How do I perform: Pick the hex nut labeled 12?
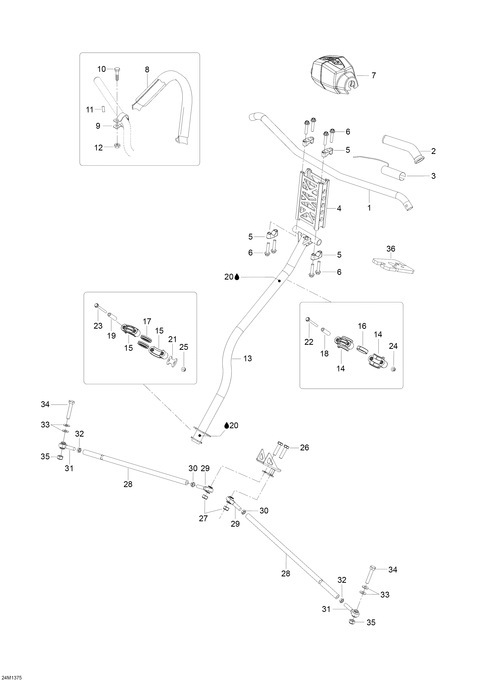(117, 145)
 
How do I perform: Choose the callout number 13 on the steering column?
(247, 358)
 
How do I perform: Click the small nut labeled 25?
(183, 369)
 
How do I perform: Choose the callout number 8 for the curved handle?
(147, 69)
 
